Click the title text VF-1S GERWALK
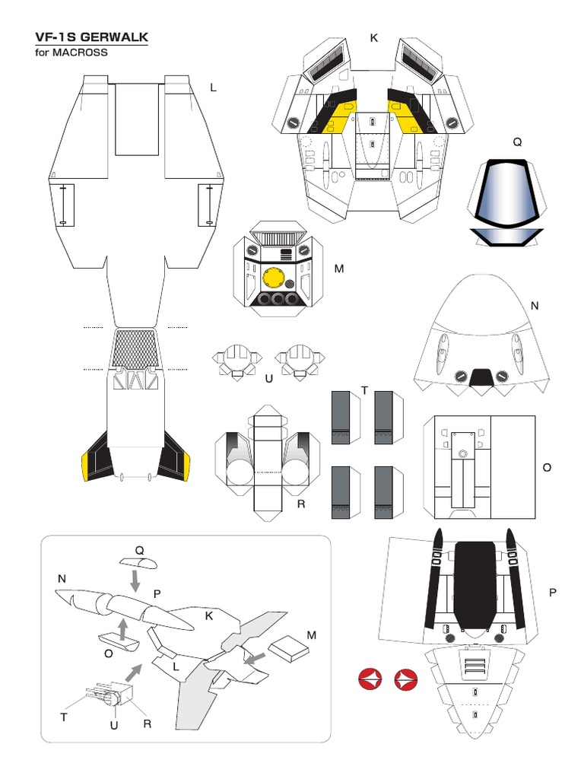[91, 37]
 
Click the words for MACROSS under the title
[72, 52]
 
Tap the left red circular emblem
[370, 680]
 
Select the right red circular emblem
[406, 680]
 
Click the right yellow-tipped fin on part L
[176, 459]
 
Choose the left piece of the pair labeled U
[237, 360]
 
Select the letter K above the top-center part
[374, 37]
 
